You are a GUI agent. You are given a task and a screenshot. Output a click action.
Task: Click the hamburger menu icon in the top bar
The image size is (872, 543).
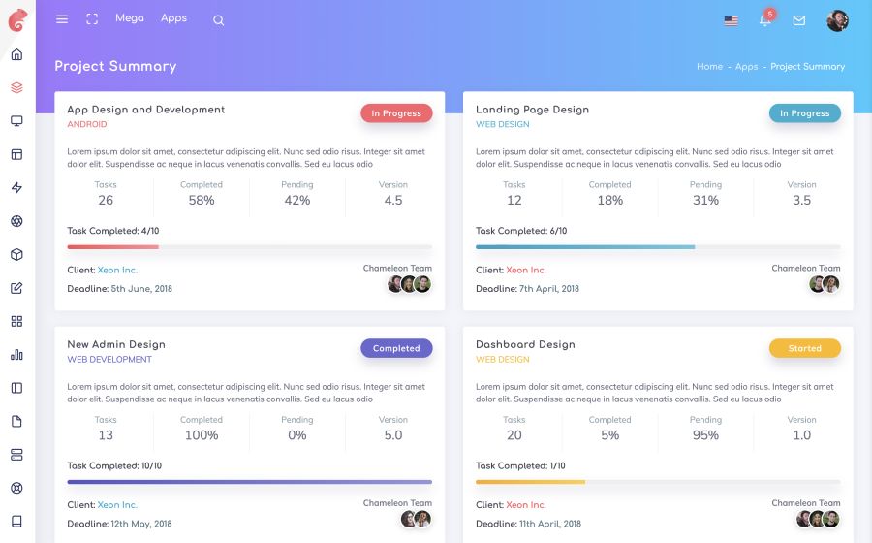tap(62, 19)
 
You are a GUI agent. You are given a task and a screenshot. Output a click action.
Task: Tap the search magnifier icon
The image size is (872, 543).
tap(218, 20)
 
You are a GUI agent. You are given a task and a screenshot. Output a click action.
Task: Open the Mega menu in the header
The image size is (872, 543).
tap(129, 18)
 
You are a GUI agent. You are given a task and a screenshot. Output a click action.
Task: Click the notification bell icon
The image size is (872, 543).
tap(764, 20)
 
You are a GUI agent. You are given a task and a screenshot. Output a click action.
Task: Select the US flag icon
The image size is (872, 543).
tap(731, 20)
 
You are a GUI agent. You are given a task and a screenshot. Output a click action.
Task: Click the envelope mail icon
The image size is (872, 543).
tap(799, 20)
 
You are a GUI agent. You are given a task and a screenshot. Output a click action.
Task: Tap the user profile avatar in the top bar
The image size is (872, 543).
tap(837, 20)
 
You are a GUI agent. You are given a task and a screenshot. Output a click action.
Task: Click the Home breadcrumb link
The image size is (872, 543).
tap(709, 67)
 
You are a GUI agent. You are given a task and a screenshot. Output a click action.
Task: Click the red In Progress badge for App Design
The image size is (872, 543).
tap(396, 113)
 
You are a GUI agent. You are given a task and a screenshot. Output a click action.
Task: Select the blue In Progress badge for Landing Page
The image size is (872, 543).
tap(804, 113)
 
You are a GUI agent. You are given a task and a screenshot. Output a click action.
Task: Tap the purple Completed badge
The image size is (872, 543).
tap(396, 348)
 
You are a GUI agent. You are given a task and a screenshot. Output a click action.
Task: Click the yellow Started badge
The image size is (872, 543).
tap(804, 348)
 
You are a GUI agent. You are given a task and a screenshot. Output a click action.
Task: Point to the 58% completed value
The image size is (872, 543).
tap(202, 201)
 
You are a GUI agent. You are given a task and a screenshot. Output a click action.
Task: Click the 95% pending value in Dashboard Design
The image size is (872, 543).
tap(705, 435)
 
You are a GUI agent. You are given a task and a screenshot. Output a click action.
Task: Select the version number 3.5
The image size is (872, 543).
tap(801, 201)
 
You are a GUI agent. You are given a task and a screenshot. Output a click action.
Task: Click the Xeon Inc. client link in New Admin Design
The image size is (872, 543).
tap(117, 505)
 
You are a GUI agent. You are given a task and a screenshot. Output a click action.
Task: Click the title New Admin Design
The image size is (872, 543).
tap(116, 344)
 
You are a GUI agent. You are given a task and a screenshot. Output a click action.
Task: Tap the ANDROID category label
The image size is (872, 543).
tap(87, 125)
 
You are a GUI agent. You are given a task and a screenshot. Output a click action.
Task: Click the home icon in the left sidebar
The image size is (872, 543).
tap(16, 54)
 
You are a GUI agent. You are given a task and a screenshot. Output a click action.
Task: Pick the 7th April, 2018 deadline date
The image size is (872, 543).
tap(549, 289)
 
